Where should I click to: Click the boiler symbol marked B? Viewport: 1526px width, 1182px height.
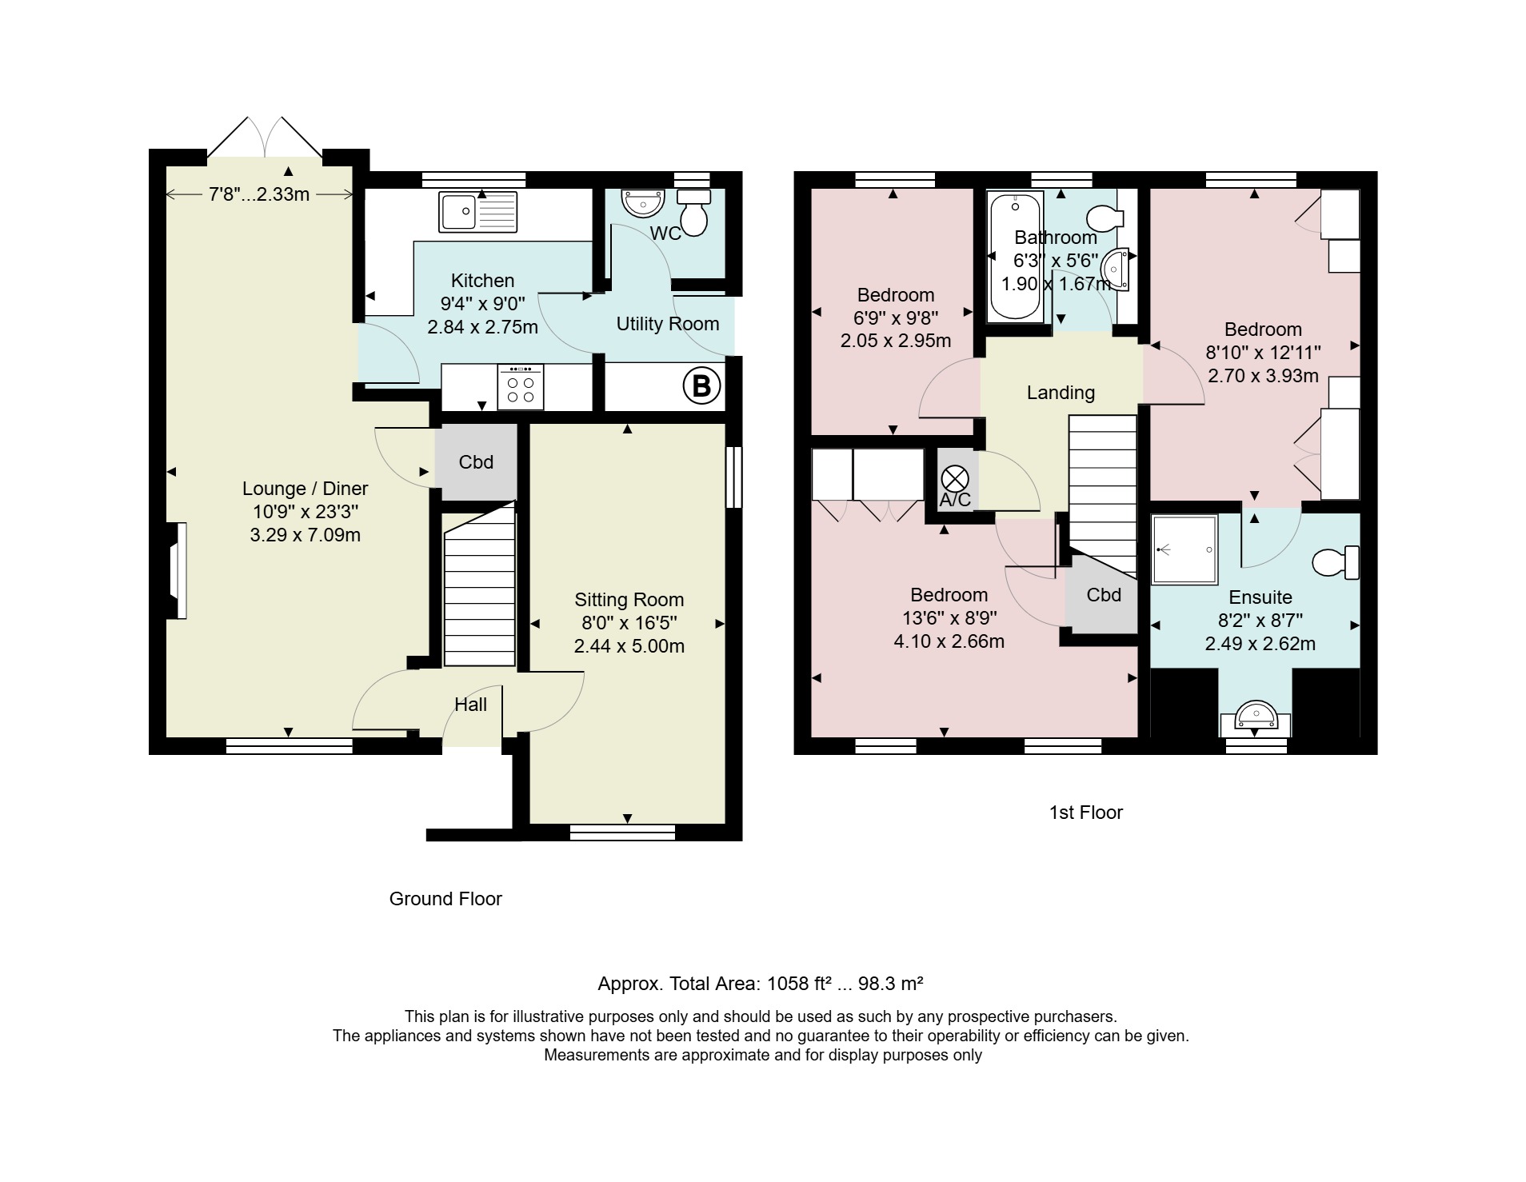pyautogui.click(x=701, y=387)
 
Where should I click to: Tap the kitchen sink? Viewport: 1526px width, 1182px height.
pyautogui.click(x=477, y=212)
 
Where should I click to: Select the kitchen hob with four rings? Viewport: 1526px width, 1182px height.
pyautogui.click(x=521, y=388)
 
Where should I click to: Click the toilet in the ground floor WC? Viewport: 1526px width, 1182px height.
pyautogui.click(x=693, y=212)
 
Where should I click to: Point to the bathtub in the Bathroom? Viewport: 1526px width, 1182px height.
pyautogui.click(x=1016, y=257)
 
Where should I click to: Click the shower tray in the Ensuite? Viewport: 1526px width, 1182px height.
pyautogui.click(x=1184, y=549)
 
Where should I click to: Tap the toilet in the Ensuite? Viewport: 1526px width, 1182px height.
pyautogui.click(x=1336, y=561)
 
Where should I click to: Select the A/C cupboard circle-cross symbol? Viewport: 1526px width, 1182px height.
pyautogui.click(x=955, y=479)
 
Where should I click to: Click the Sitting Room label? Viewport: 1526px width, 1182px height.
pyautogui.click(x=629, y=600)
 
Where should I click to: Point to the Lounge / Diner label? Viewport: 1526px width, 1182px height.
pyautogui.click(x=306, y=489)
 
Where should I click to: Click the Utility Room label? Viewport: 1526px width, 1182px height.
pyautogui.click(x=668, y=324)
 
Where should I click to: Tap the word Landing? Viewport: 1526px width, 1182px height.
pyautogui.click(x=1061, y=393)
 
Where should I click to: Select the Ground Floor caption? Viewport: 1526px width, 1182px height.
pyautogui.click(x=445, y=899)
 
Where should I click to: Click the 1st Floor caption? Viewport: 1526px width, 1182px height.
pyautogui.click(x=1086, y=813)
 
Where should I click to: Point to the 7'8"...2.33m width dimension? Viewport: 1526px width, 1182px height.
pyautogui.click(x=259, y=194)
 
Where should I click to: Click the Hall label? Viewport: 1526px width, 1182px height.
pyautogui.click(x=470, y=705)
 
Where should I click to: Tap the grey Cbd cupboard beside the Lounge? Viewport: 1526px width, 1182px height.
pyautogui.click(x=476, y=462)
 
